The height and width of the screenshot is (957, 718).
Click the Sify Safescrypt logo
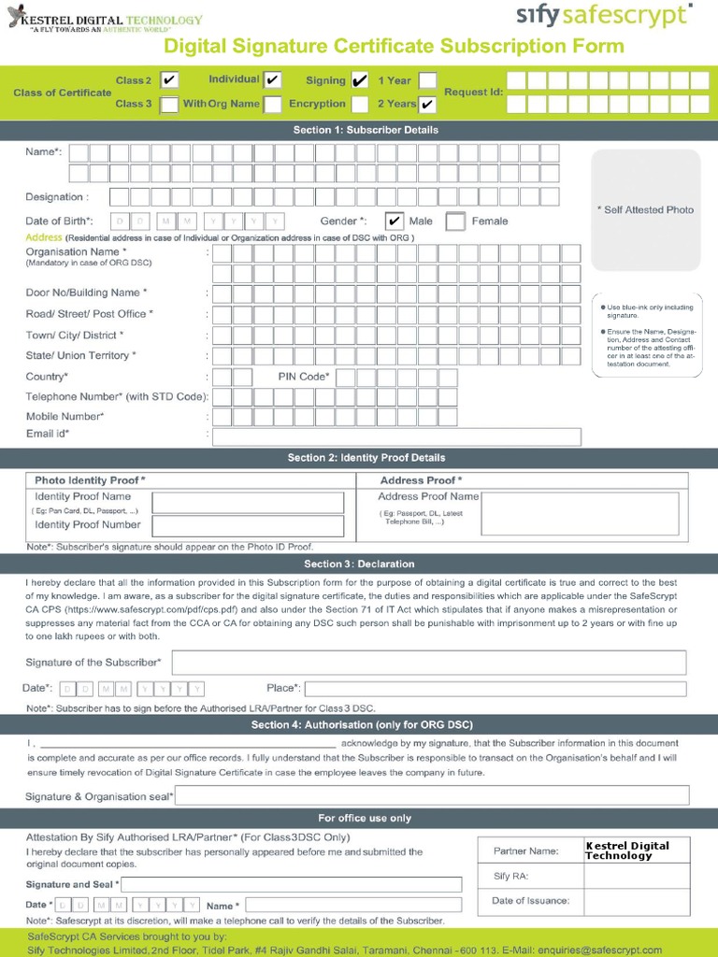pos(605,16)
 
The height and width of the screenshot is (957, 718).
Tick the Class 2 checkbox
pos(169,80)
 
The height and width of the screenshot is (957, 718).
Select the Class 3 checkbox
pos(169,104)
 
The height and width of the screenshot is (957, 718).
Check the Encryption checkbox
pos(360,104)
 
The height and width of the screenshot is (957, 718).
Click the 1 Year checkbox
pos(427,80)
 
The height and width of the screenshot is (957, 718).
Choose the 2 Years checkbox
pos(427,104)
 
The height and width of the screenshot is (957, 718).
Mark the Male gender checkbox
pos(395,221)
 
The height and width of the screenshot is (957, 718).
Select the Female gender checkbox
pos(455,221)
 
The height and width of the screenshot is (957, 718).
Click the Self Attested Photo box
pos(645,209)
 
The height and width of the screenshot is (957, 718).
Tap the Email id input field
pos(396,436)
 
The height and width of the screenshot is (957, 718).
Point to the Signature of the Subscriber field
pos(429,663)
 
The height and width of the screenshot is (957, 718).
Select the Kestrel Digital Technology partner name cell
pos(636,850)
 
